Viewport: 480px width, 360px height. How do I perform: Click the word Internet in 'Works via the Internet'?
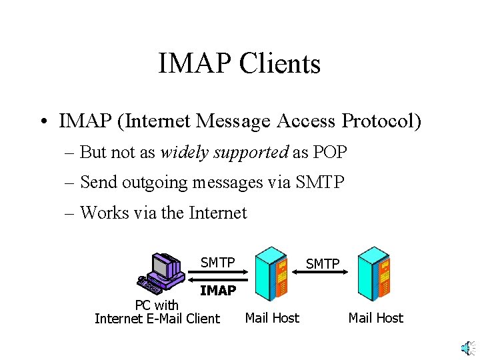click(x=218, y=213)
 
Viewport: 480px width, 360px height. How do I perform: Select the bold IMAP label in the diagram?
click(x=218, y=291)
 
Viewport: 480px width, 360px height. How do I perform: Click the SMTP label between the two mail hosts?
click(x=323, y=264)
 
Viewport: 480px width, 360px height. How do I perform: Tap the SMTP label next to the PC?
click(x=218, y=263)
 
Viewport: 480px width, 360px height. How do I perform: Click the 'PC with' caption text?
click(x=157, y=305)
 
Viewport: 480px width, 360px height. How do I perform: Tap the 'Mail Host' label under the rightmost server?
click(x=376, y=318)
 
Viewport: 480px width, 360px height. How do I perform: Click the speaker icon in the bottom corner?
click(x=467, y=347)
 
